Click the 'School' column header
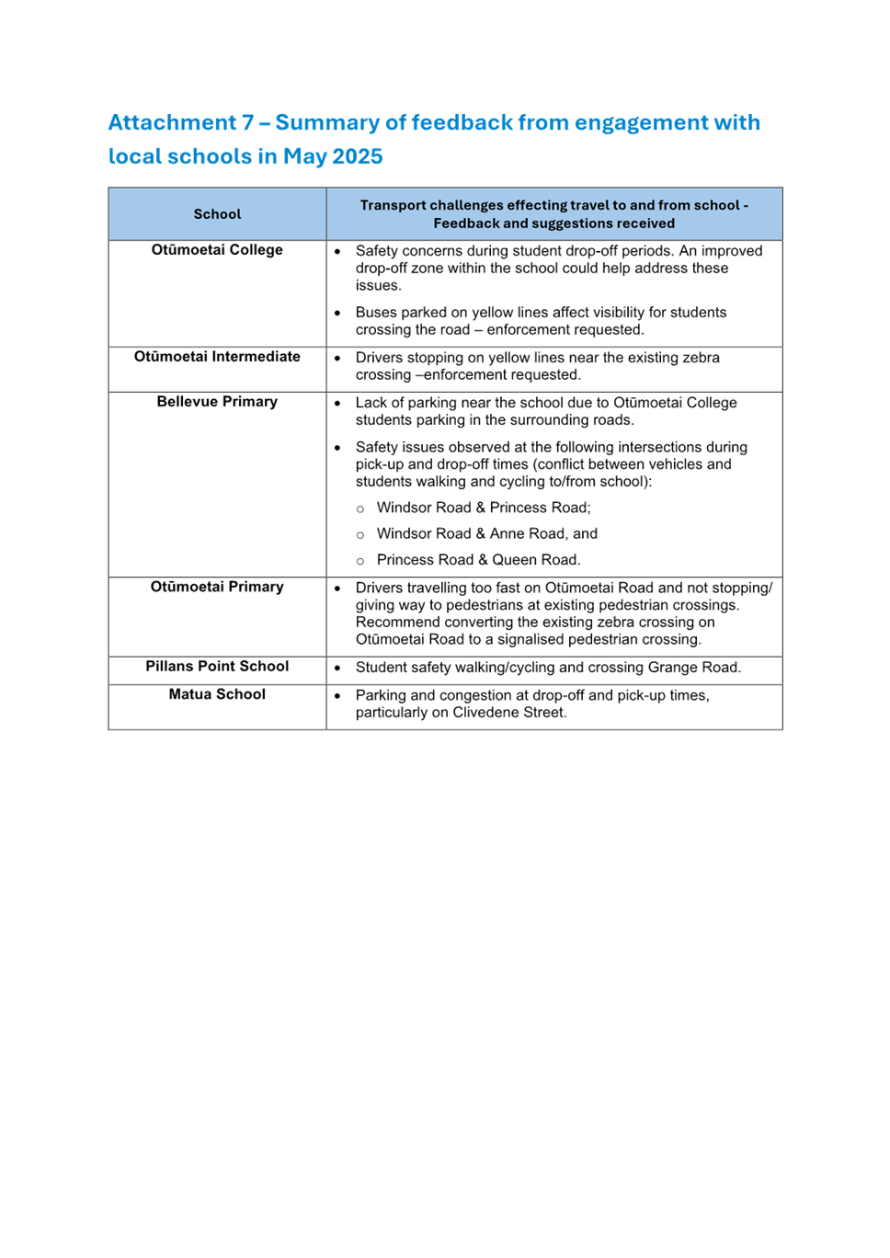217,214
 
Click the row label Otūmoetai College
217,250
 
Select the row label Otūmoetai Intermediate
217,357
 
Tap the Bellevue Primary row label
217,402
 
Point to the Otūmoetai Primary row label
217,587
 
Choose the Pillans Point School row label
217,667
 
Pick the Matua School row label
217,694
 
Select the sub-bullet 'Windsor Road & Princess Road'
483,508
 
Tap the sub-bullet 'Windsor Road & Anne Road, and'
486,533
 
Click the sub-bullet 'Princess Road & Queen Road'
477,560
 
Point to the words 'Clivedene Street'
508,713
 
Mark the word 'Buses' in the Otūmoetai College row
375,313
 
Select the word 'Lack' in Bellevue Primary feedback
371,403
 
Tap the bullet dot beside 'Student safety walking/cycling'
337,669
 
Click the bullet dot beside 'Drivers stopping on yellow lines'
337,359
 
